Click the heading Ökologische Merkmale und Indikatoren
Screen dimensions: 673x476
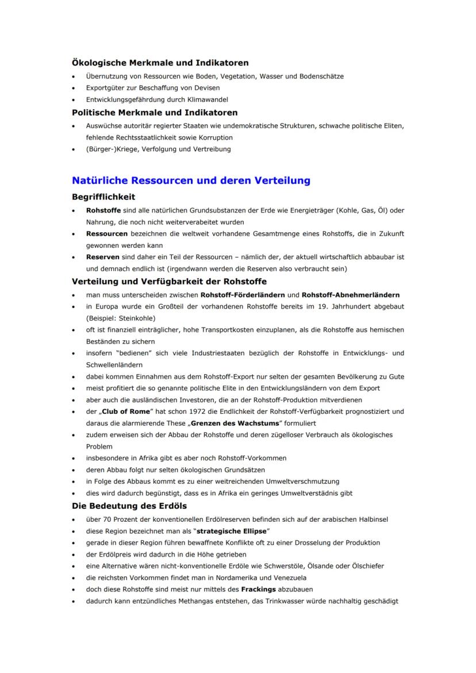click(x=160, y=63)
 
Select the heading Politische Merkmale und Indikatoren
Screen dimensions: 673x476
click(x=155, y=112)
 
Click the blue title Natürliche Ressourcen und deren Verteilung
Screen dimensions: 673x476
click(x=191, y=180)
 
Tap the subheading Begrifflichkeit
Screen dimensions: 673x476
click(x=103, y=197)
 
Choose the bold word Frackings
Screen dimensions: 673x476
click(x=259, y=590)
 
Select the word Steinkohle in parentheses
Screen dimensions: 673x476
click(x=137, y=318)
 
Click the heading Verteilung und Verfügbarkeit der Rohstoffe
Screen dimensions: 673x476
click(x=169, y=282)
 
